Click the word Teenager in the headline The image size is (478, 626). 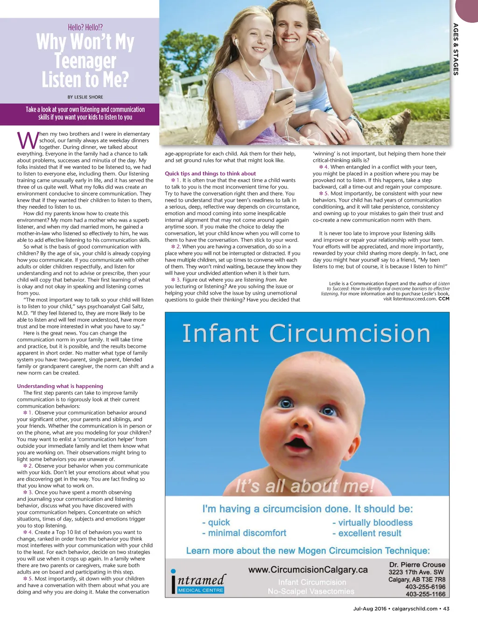click(85, 61)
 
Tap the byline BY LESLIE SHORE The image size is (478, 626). click(85, 97)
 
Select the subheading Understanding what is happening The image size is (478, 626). click(60, 386)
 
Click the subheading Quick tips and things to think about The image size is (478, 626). click(210, 174)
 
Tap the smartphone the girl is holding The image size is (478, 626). click(283, 96)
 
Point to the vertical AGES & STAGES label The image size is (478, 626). click(456, 49)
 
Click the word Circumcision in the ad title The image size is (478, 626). click(350, 334)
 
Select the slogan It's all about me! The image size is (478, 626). click(305, 486)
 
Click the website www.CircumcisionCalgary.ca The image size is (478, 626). click(308, 570)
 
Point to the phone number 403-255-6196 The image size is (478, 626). click(425, 587)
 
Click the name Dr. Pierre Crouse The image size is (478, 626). click(417, 564)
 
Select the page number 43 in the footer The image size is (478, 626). click(446, 609)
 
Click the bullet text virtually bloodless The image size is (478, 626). click(372, 523)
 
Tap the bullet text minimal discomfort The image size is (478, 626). click(244, 533)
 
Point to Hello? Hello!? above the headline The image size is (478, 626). click(85, 28)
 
